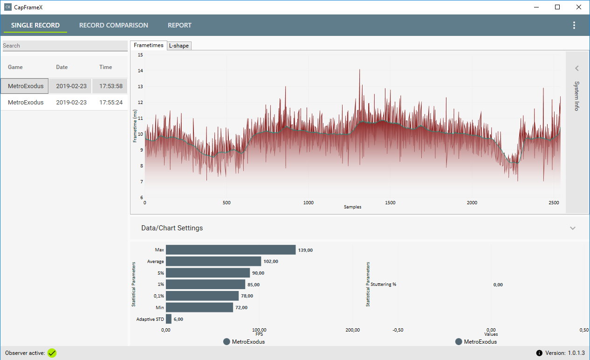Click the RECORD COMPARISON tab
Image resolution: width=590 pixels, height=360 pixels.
click(114, 25)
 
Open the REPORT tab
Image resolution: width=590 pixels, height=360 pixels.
click(179, 25)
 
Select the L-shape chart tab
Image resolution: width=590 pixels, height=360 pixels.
click(179, 46)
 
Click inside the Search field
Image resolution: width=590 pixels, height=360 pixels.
click(65, 46)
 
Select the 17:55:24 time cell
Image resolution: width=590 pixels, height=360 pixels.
click(111, 102)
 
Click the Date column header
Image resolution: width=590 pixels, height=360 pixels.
click(62, 67)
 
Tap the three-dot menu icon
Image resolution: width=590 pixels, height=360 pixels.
click(574, 25)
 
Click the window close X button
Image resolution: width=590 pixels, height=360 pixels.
click(579, 7)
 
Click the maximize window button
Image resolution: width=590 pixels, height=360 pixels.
click(557, 7)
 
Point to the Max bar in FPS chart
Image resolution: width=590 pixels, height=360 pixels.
click(231, 250)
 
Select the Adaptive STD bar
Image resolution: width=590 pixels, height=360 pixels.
click(169, 319)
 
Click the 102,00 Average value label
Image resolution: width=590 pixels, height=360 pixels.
click(271, 262)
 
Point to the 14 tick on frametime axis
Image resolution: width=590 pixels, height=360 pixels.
click(140, 70)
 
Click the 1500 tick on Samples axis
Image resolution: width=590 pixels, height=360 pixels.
click(390, 203)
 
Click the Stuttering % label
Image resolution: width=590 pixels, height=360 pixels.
click(383, 284)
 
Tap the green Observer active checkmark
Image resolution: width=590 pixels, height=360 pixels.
click(52, 353)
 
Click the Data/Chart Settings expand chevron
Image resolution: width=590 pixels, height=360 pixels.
click(573, 228)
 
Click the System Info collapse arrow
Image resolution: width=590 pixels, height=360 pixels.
click(577, 69)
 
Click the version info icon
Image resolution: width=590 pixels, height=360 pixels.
click(539, 353)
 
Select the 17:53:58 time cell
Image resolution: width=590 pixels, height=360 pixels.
click(110, 86)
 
